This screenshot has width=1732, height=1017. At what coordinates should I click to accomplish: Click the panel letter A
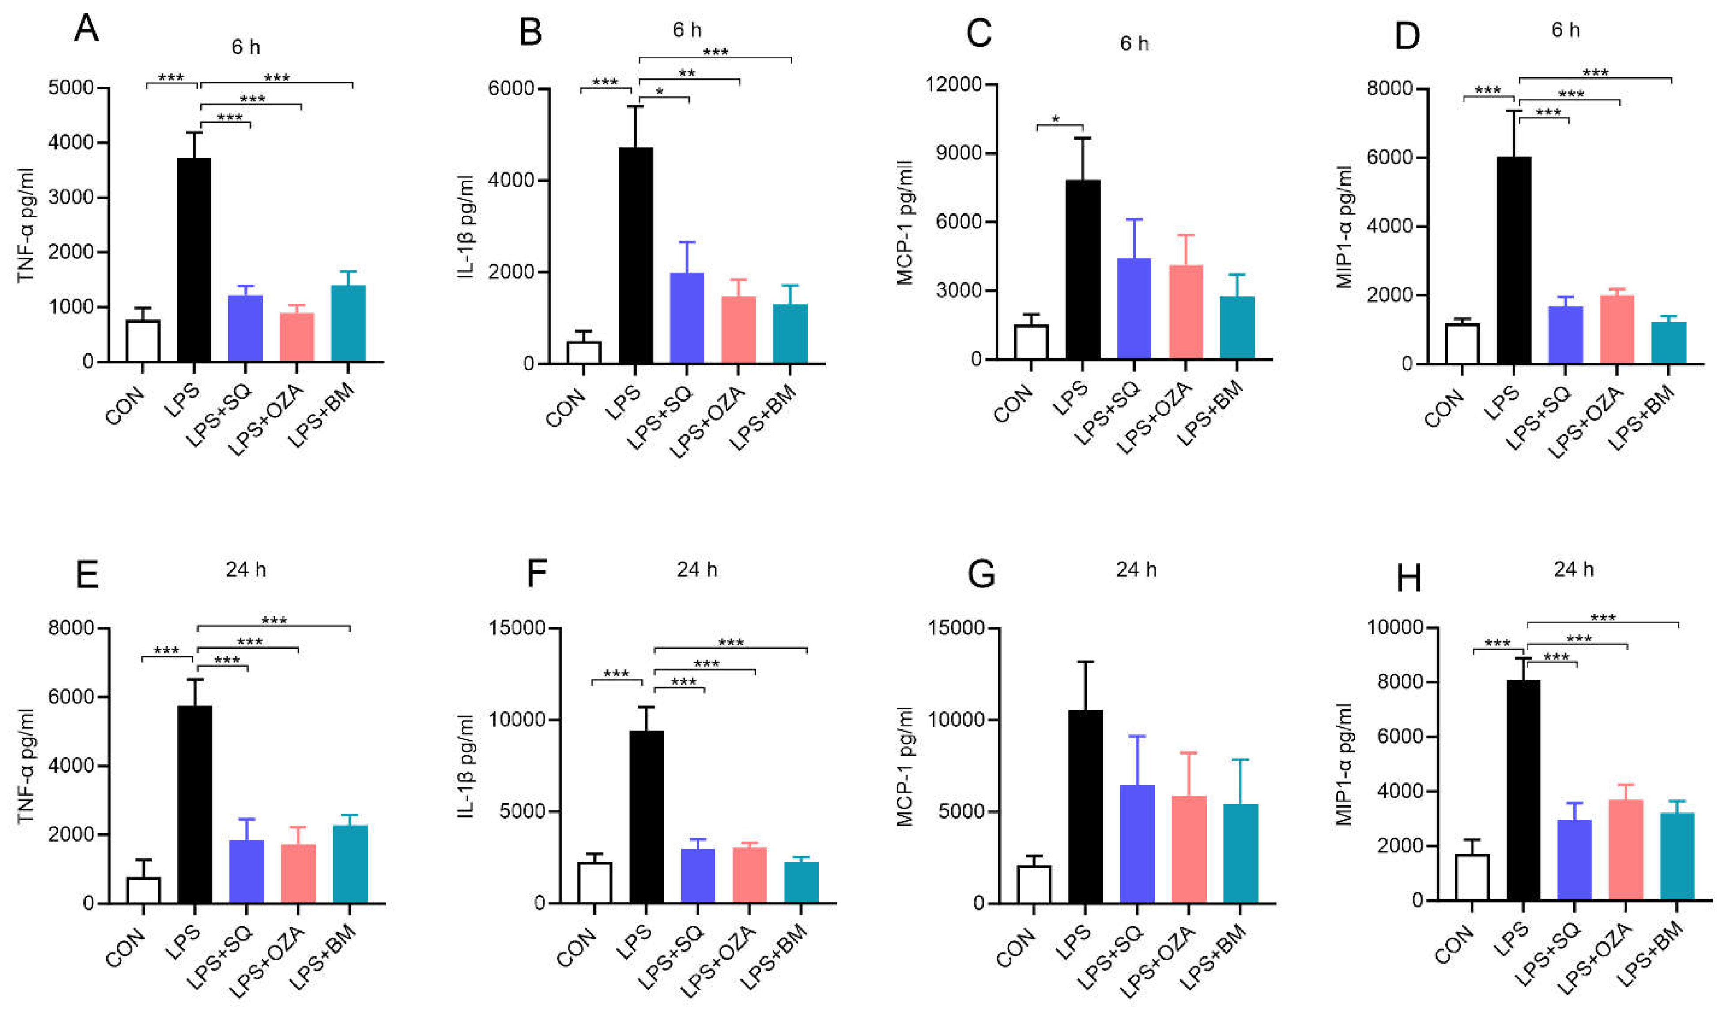coord(87,29)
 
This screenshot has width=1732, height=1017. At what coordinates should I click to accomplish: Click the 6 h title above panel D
coord(1565,30)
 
